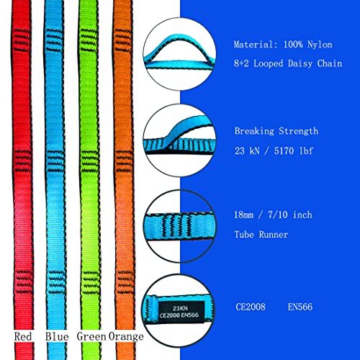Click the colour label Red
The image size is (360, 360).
click(x=23, y=336)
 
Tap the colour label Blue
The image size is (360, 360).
click(x=57, y=336)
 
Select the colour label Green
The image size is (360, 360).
click(x=91, y=336)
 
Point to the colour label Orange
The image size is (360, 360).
click(x=126, y=337)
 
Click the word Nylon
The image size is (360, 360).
click(x=320, y=45)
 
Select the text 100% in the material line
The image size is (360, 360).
click(x=292, y=45)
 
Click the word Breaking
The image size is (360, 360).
click(x=254, y=131)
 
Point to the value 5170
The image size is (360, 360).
click(x=284, y=150)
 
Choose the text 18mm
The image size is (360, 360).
click(x=243, y=215)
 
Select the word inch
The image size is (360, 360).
click(x=302, y=215)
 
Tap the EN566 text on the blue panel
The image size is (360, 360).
click(x=300, y=307)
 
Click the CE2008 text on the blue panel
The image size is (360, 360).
click(x=251, y=307)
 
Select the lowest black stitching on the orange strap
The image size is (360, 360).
click(x=125, y=282)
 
